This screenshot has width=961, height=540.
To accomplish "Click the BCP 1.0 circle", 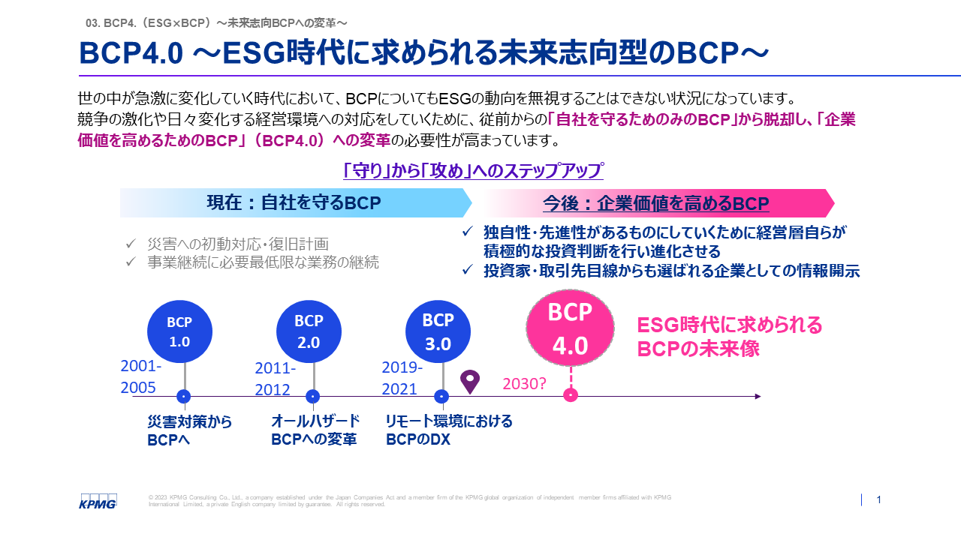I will coord(179,331).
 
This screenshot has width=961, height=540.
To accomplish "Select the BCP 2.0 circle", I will coord(309,331).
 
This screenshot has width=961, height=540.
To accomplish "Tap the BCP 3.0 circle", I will coord(438,331).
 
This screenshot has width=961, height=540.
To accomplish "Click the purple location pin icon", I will coord(470,382).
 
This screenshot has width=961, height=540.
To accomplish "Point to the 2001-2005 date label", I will coord(141,376).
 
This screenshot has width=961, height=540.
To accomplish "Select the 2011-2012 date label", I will coord(275,379).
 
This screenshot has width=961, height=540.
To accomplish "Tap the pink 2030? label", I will coord(524,384).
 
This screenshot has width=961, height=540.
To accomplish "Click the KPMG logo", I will coord(98,501).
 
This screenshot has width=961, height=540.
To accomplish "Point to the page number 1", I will coord(879,500).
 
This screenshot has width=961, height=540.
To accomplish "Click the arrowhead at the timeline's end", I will coord(758,396).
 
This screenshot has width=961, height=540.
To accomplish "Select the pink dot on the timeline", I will coord(571,395).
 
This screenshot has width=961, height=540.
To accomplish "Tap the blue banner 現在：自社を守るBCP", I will coord(294,202).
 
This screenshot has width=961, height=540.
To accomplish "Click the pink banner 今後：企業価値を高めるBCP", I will coord(655,204).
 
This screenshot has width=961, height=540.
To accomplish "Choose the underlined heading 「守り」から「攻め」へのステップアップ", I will coord(473,170).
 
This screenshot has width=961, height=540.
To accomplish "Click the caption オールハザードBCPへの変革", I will coord(315,430).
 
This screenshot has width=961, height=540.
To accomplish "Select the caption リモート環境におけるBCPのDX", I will coord(449,430).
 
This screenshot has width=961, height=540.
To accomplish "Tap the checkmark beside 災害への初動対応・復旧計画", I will coord(131,244).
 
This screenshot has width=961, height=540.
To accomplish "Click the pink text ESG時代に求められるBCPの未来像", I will coord(730,337).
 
